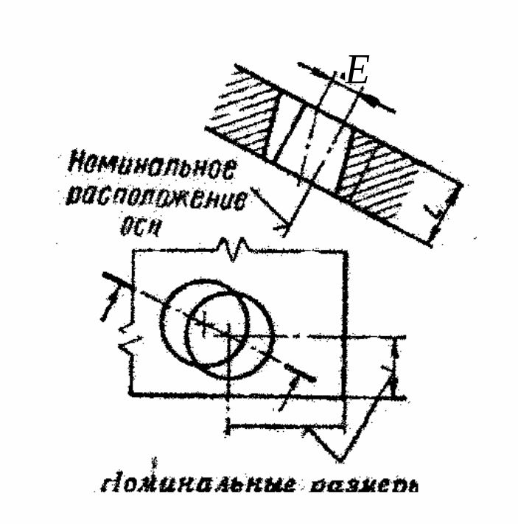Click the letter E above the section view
click(357, 72)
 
